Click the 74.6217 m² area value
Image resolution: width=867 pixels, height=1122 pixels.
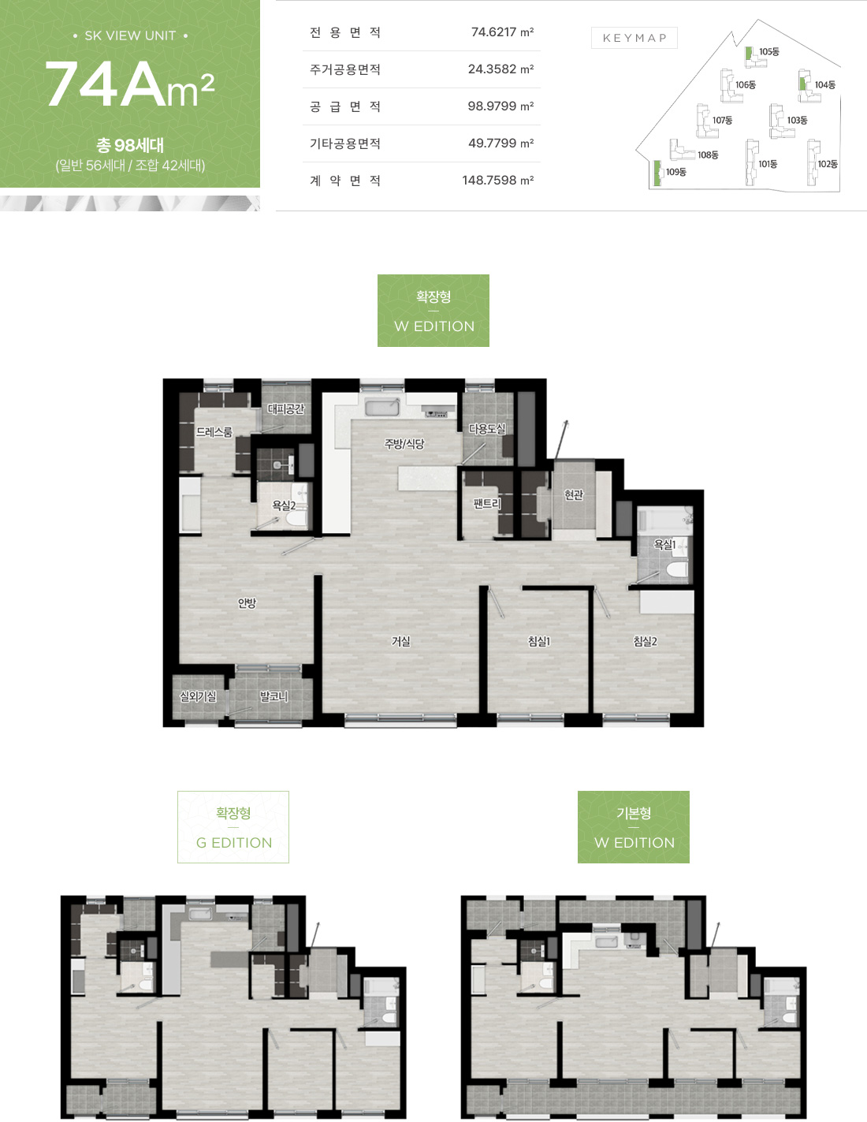502,32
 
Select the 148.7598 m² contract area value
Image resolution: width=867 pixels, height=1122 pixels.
497,181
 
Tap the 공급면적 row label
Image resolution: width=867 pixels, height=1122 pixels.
344,106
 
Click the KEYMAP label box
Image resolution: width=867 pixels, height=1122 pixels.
634,38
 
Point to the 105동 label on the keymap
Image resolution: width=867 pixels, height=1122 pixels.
769,51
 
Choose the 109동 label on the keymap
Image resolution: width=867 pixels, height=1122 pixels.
676,172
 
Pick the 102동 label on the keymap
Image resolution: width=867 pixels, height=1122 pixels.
828,164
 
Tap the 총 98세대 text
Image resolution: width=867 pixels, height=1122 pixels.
130,145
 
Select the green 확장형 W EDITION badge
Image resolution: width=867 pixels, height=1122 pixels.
433,311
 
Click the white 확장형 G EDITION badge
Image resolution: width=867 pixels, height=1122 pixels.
233,826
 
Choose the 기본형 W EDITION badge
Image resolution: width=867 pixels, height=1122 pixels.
634,826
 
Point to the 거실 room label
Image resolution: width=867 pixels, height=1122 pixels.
401,641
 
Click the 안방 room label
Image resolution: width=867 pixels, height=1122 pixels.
247,603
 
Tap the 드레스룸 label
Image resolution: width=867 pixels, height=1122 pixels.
214,431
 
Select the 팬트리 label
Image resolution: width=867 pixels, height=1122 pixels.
487,503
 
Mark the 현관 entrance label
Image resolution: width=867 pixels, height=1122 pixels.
574,494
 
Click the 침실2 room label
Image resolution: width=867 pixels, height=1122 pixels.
645,641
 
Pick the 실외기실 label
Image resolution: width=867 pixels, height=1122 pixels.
198,696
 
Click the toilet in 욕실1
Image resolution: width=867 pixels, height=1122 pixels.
676,570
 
